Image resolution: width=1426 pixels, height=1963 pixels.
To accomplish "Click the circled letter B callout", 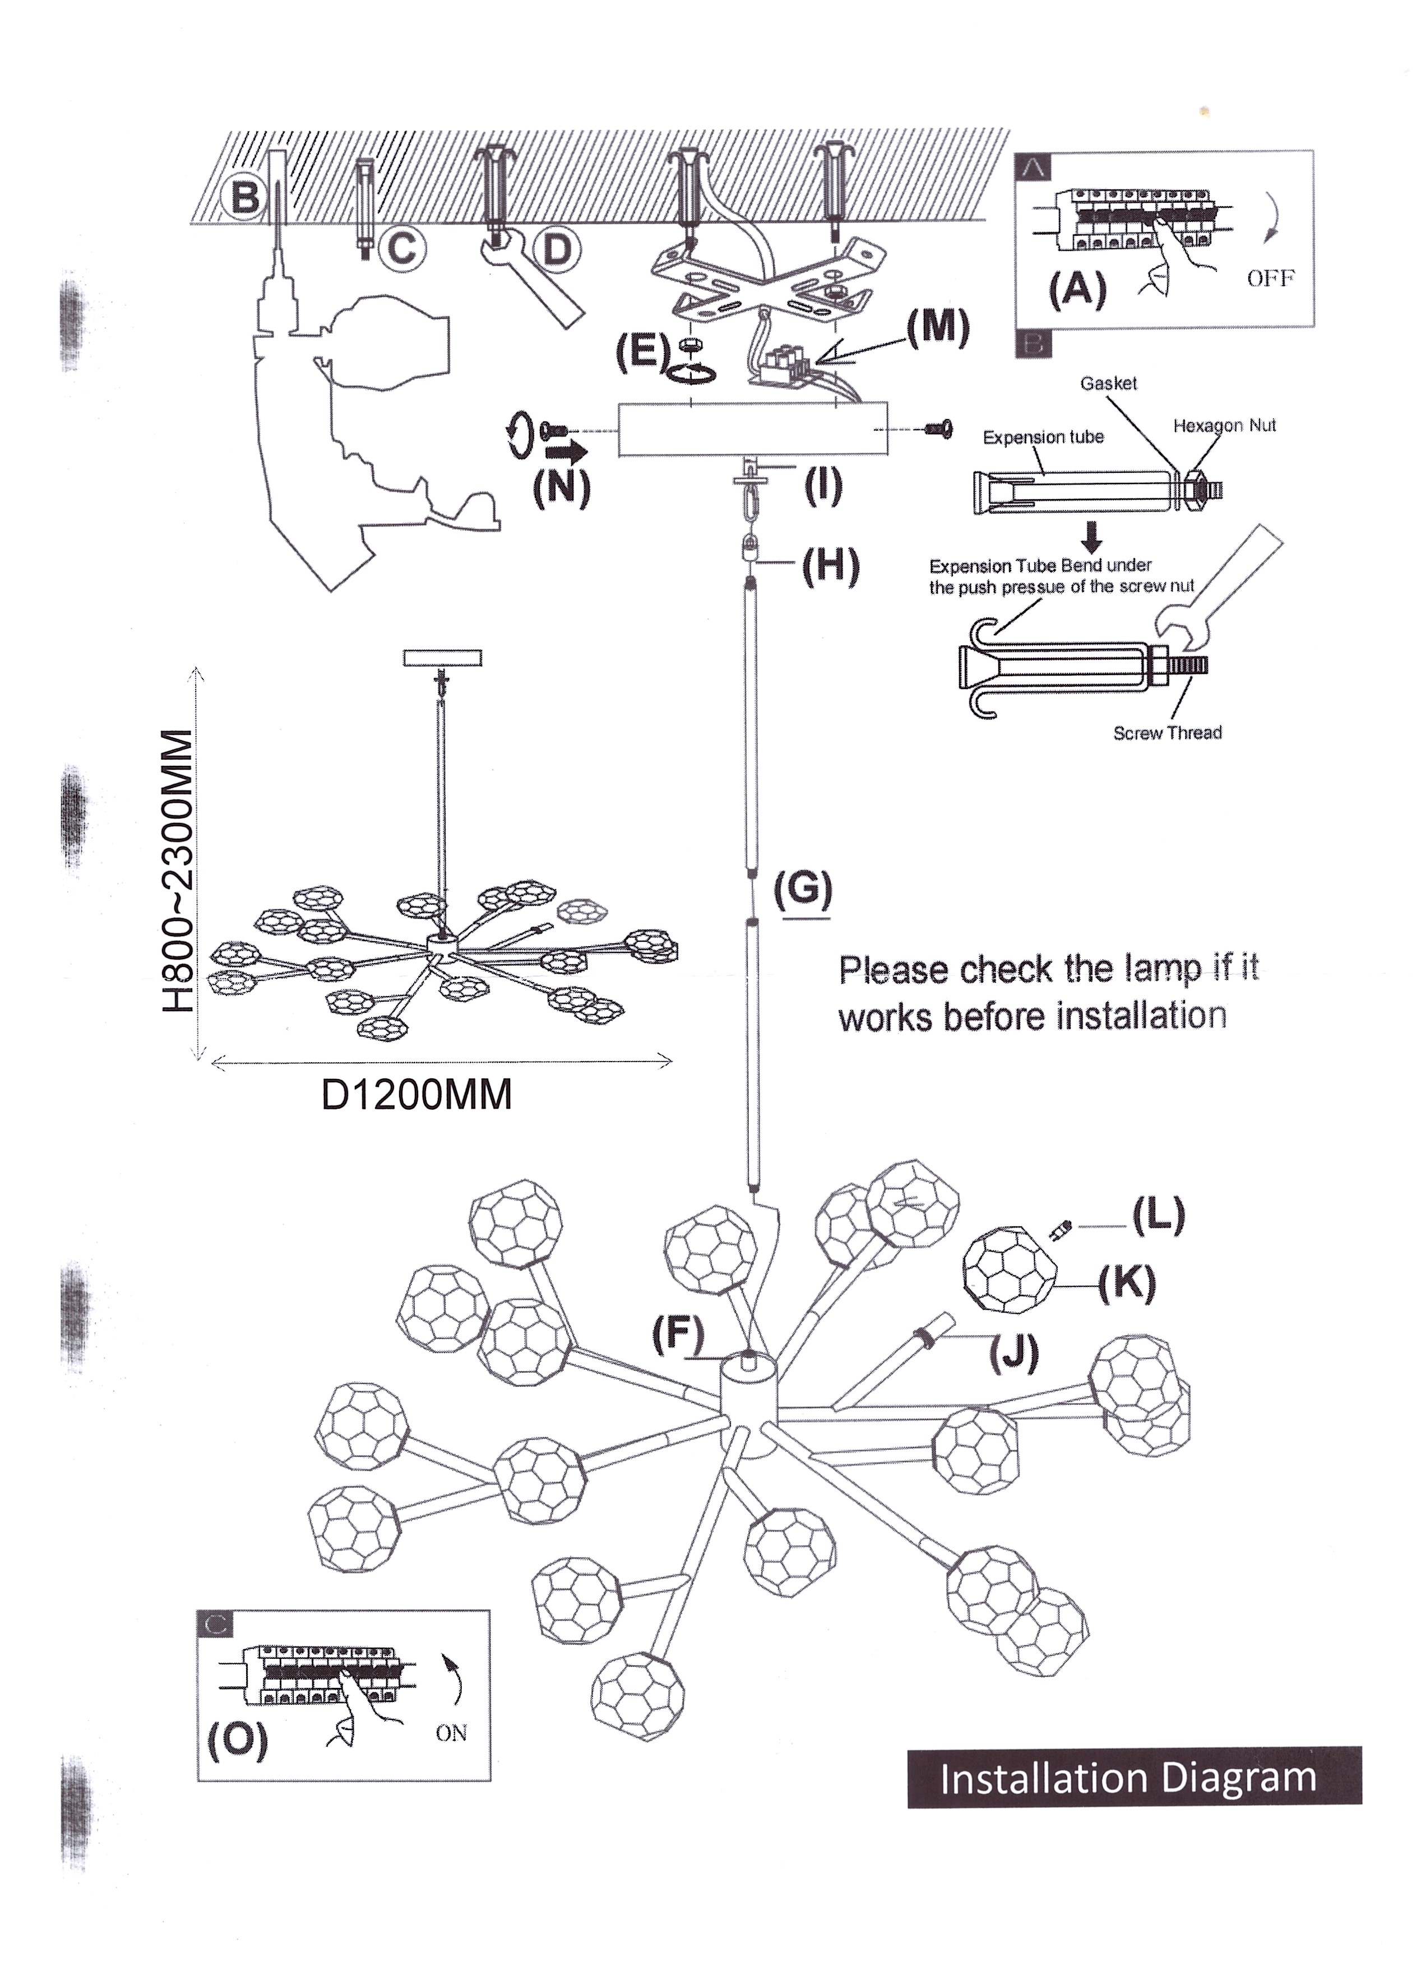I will (245, 197).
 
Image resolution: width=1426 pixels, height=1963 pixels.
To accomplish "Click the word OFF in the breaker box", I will (1270, 278).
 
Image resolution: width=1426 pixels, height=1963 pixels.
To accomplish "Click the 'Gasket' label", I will (1108, 383).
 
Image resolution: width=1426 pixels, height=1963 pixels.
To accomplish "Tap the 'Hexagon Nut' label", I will (1224, 426).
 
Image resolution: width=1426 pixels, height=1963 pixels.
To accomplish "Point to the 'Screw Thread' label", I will (1167, 733).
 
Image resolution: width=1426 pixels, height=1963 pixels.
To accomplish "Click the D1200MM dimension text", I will (416, 1095).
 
